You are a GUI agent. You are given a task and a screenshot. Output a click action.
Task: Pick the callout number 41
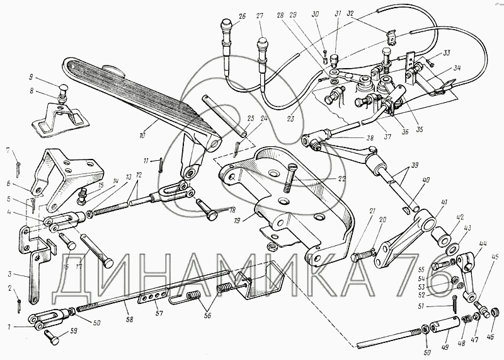pos(444,202)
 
